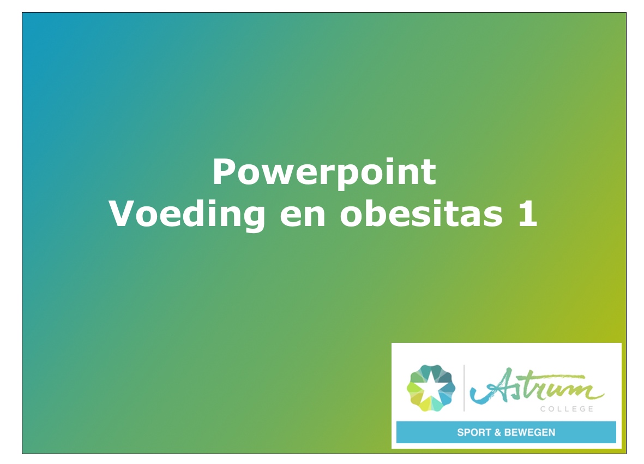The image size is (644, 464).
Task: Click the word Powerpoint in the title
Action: [x=324, y=172]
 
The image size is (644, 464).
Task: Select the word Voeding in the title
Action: [x=187, y=215]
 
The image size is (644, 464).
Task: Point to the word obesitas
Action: [x=422, y=213]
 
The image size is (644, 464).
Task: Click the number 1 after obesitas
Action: [x=527, y=213]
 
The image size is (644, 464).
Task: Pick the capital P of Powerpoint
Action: [x=224, y=171]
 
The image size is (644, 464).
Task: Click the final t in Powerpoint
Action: [x=429, y=173]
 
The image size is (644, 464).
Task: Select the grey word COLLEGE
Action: [x=567, y=409]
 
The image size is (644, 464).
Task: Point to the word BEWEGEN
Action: [x=530, y=432]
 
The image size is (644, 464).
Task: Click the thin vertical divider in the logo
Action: [x=464, y=388]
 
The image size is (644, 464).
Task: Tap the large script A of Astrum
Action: [x=491, y=385]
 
